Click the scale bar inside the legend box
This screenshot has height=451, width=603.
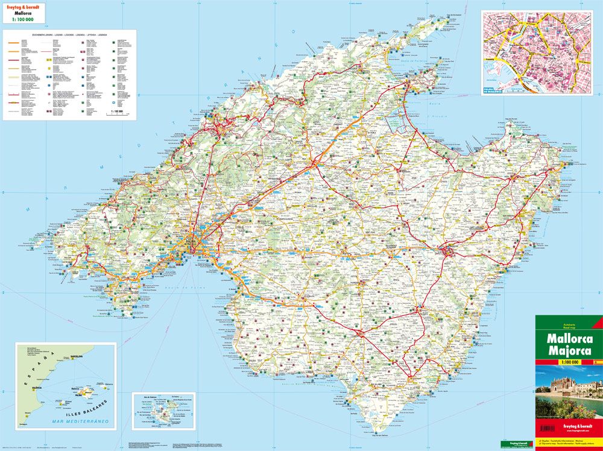[x=115, y=113]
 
